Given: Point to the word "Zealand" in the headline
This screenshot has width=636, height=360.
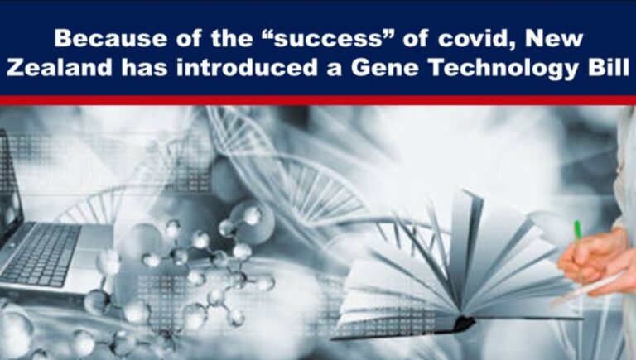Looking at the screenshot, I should [51, 68].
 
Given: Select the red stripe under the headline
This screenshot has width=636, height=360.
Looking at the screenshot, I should [318, 99].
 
